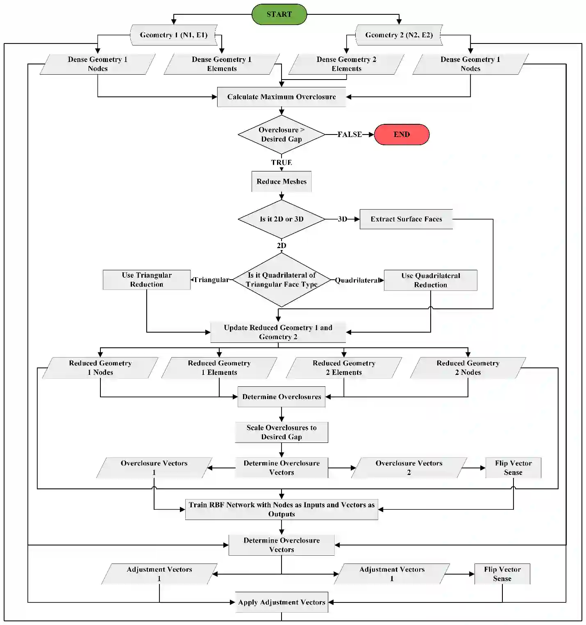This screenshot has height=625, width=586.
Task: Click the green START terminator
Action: tap(279, 14)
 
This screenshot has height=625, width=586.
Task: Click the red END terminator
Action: tap(402, 135)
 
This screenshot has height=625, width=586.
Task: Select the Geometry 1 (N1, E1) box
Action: tap(173, 35)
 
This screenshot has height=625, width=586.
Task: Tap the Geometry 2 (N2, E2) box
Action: tap(399, 35)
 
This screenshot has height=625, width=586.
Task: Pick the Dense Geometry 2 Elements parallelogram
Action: tap(346, 64)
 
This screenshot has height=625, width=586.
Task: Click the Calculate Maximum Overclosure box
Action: tap(282, 97)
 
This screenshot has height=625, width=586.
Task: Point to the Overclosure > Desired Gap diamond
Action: tap(282, 135)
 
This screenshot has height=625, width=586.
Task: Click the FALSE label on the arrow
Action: tap(350, 135)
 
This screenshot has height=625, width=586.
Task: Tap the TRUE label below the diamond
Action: tap(282, 162)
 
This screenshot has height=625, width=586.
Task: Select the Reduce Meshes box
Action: tap(282, 182)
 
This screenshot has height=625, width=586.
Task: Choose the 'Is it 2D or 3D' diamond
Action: tap(282, 219)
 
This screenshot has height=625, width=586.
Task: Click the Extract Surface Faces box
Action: tap(406, 219)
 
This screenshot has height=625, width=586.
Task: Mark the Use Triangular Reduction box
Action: tap(147, 280)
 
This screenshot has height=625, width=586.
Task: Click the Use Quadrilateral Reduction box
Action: tap(430, 280)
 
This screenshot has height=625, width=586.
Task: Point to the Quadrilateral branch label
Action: tap(357, 281)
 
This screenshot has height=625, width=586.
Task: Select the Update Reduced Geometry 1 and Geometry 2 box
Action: tap(278, 332)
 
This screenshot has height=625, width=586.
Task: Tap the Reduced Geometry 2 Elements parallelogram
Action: tap(344, 368)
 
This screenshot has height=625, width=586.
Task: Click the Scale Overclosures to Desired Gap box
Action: tap(282, 432)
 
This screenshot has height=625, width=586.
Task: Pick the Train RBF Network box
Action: tap(282, 509)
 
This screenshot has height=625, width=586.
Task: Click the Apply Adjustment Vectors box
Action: tap(282, 602)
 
